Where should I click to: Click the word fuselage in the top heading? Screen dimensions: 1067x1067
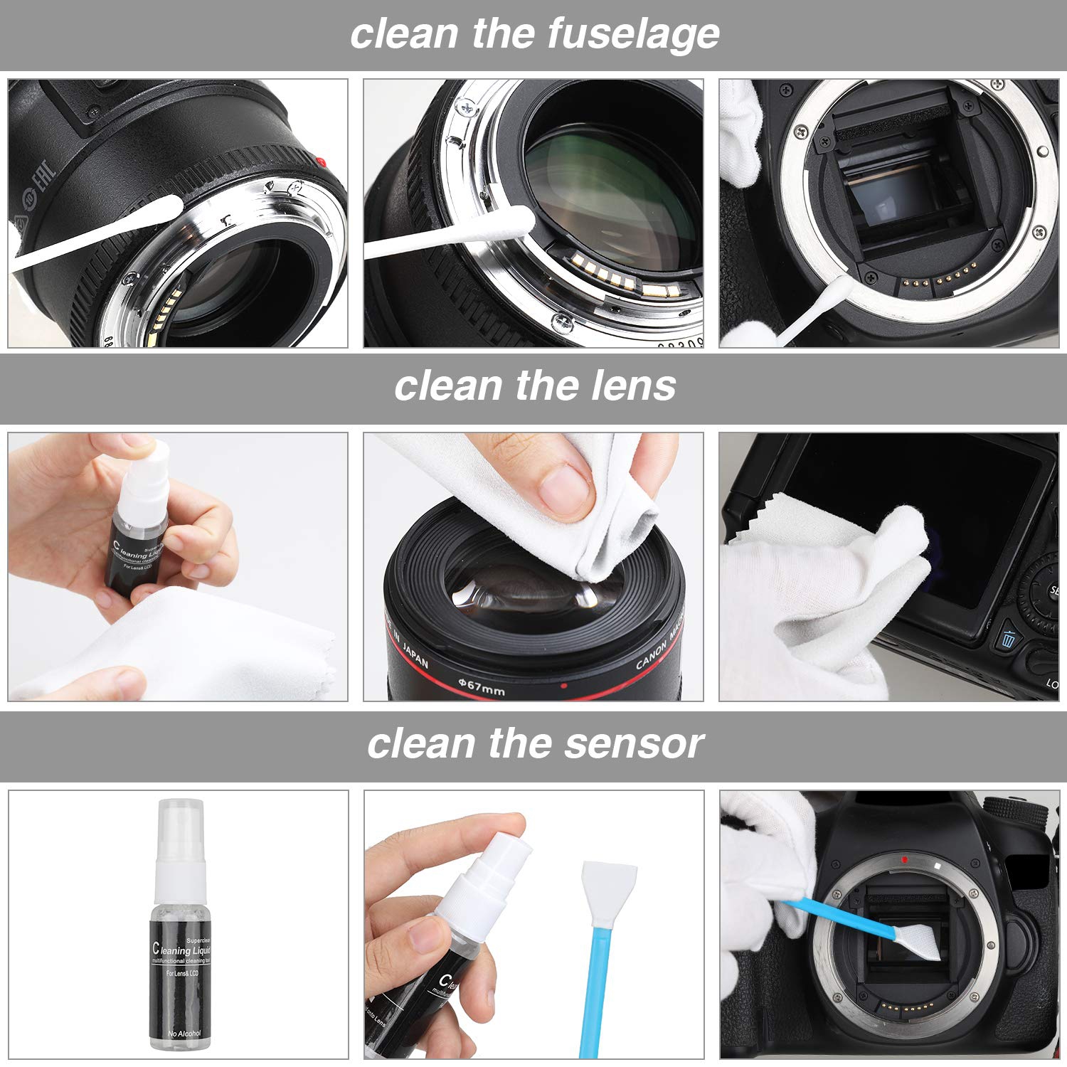coord(632,34)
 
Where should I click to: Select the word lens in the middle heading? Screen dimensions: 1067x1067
coord(633,386)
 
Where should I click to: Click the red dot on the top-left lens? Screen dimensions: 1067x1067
coord(322,161)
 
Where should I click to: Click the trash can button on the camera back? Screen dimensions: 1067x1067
coord(1008,639)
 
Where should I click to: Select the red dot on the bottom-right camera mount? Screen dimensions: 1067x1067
coord(904,859)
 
